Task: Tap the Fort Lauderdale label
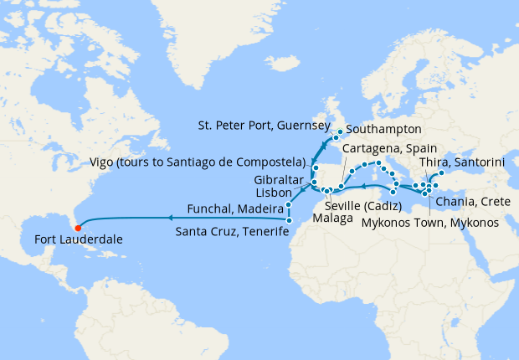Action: [78, 239]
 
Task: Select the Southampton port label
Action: [383, 130]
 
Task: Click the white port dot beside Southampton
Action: [342, 131]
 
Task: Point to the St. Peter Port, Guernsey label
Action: [264, 126]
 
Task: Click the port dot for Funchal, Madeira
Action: [288, 205]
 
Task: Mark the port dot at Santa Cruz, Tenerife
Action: [288, 221]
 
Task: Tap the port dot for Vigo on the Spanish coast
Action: [315, 168]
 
